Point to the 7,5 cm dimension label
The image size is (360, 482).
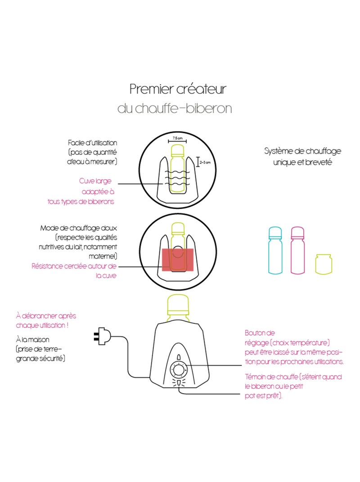pyautogui.click(x=177, y=138)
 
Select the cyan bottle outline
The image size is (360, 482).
pyautogui.click(x=275, y=251)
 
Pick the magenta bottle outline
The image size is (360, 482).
pyautogui.click(x=297, y=251)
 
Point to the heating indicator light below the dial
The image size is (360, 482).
pyautogui.click(x=178, y=383)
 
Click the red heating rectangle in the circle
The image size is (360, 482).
pyautogui.click(x=178, y=259)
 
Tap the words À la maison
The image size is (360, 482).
pyautogui.click(x=32, y=340)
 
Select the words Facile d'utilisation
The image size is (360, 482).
pyautogui.click(x=93, y=143)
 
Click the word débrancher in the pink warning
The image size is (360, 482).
pyautogui.click(x=40, y=316)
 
